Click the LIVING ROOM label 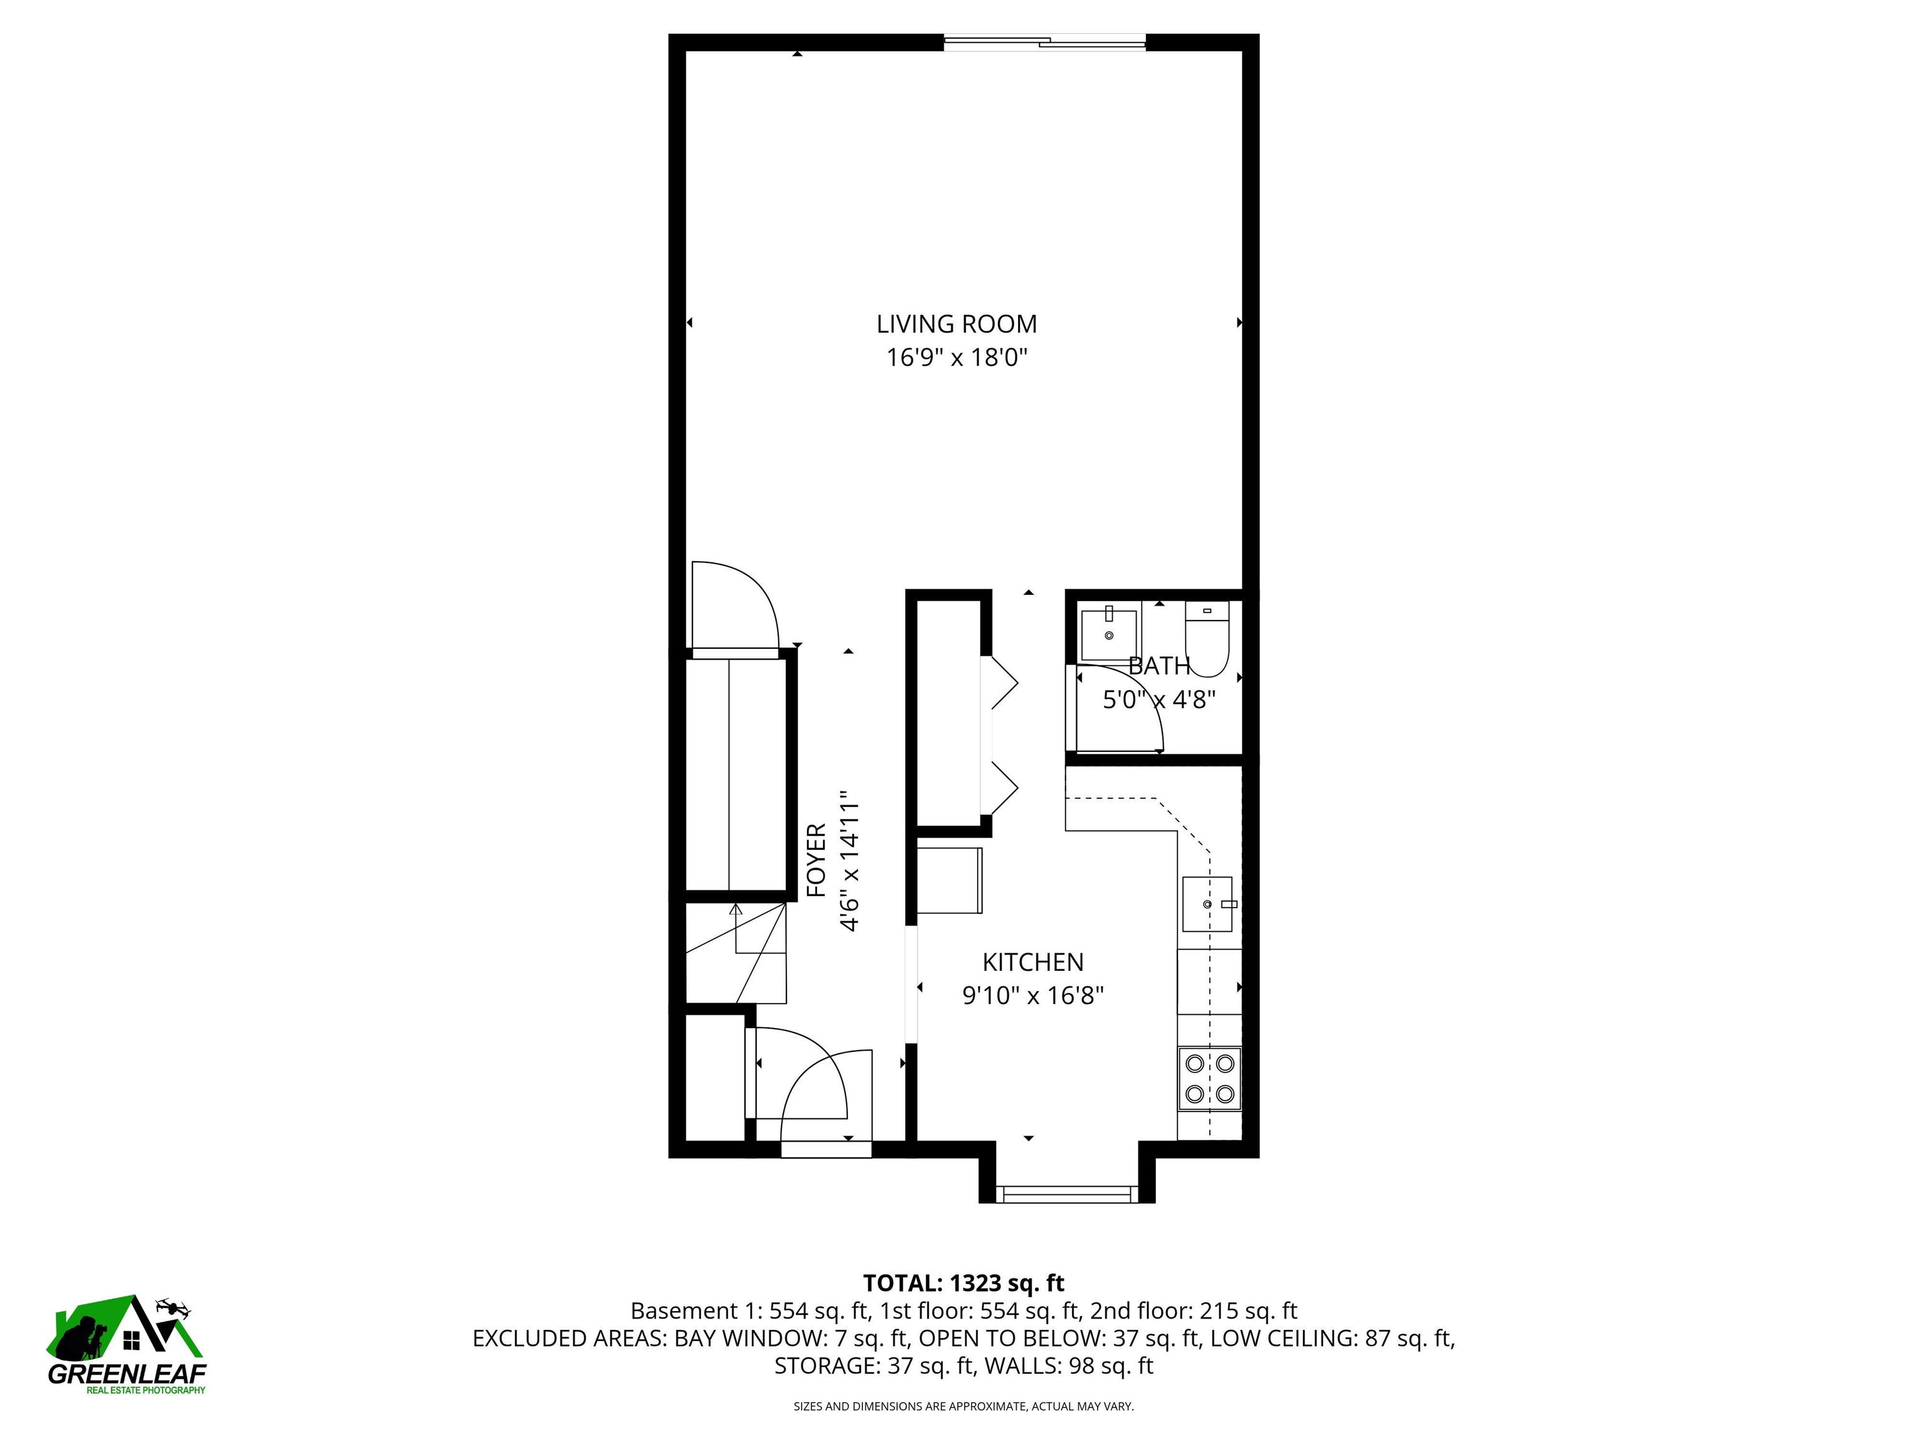pyautogui.click(x=956, y=324)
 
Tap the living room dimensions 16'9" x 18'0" pyautogui.click(x=957, y=357)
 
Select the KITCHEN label pyautogui.click(x=1033, y=962)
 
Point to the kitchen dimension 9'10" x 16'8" pyautogui.click(x=1033, y=995)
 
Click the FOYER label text pyautogui.click(x=816, y=860)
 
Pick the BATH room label pyautogui.click(x=1159, y=666)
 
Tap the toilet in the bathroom pyautogui.click(x=1207, y=641)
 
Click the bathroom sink pyautogui.click(x=1109, y=635)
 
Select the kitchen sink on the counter pyautogui.click(x=1207, y=904)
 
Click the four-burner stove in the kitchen pyautogui.click(x=1210, y=1078)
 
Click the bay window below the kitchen pyautogui.click(x=1067, y=1193)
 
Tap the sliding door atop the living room pyautogui.click(x=1044, y=40)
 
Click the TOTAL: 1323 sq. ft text pyautogui.click(x=963, y=1283)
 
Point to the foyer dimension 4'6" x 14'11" pyautogui.click(x=850, y=860)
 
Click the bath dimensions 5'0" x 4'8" pyautogui.click(x=1159, y=699)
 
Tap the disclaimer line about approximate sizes pyautogui.click(x=963, y=1406)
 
